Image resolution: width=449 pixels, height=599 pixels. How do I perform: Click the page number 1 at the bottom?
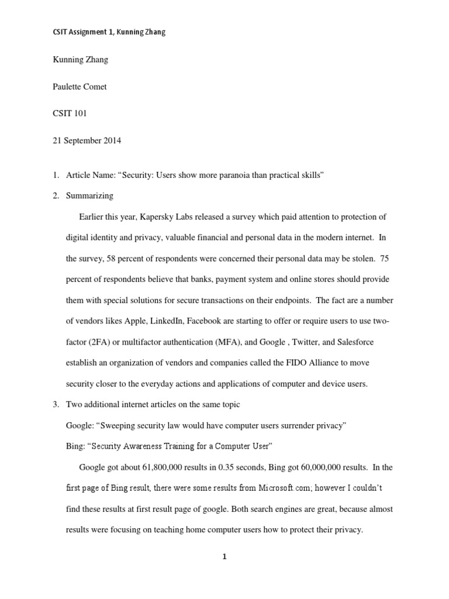[x=224, y=557]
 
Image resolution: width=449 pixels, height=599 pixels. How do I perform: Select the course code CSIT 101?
[x=70, y=113]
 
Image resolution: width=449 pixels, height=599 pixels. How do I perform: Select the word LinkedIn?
[x=156, y=321]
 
